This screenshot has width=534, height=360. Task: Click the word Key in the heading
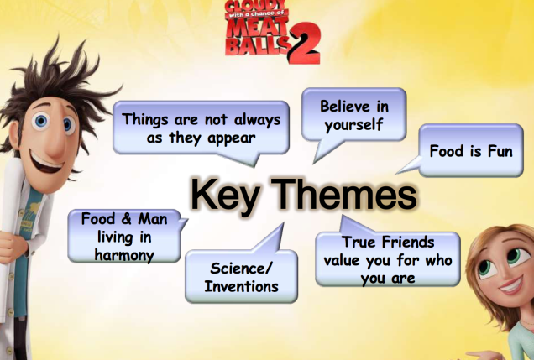pyautogui.click(x=224, y=196)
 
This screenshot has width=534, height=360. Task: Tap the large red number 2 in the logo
pyautogui.click(x=304, y=44)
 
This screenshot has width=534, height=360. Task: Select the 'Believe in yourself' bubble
pyautogui.click(x=353, y=115)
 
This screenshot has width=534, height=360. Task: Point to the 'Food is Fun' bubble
pyautogui.click(x=471, y=150)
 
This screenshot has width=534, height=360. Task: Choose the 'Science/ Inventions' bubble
pyautogui.click(x=241, y=276)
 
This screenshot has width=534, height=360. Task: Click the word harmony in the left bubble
pyautogui.click(x=124, y=255)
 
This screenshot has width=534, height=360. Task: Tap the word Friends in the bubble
pyautogui.click(x=408, y=243)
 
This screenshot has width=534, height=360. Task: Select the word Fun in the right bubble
pyautogui.click(x=500, y=151)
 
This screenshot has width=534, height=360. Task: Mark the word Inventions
pyautogui.click(x=242, y=286)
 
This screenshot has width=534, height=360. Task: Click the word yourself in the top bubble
pyautogui.click(x=353, y=124)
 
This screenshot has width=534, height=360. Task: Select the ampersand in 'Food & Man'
pyautogui.click(x=126, y=219)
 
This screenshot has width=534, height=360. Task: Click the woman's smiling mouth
pyautogui.click(x=512, y=285)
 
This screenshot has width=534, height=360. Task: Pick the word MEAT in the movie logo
pyautogui.click(x=256, y=27)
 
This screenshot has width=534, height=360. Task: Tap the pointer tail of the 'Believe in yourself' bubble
pyautogui.click(x=323, y=152)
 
